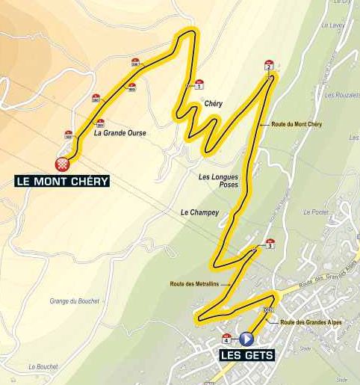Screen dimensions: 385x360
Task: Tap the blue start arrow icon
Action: [247, 339]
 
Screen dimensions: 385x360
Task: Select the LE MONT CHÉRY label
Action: [63, 181]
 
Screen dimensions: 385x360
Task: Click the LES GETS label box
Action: [246, 355]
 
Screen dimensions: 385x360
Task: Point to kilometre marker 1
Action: [199, 84]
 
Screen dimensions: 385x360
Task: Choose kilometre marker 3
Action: [270, 243]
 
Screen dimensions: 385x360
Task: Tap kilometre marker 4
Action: [226, 338]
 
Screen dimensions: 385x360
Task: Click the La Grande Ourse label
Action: [120, 133]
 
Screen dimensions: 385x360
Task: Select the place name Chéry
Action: [213, 105]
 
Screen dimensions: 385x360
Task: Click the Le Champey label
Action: [199, 212]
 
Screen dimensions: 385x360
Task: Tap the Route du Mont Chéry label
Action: [297, 124]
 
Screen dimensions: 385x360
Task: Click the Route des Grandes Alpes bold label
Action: [311, 322]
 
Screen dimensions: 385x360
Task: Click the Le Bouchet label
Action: [43, 367]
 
